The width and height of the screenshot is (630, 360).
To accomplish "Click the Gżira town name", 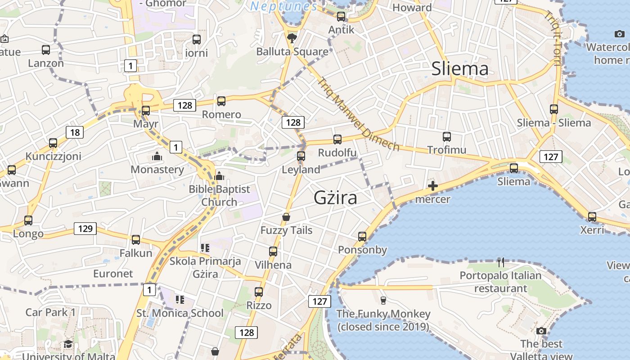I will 335,198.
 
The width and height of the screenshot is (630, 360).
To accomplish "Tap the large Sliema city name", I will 459,69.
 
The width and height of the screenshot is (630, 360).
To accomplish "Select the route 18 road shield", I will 75,132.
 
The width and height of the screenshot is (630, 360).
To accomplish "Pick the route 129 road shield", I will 85,229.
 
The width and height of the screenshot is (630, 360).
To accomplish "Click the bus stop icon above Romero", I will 221,101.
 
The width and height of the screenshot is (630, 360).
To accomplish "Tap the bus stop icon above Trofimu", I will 446,137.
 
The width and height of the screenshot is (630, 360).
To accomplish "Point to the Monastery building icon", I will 157,157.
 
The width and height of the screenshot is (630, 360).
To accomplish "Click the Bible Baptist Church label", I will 219,195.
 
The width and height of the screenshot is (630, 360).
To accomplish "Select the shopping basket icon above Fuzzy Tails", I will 286,217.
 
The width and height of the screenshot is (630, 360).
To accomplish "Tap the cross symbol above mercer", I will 432,186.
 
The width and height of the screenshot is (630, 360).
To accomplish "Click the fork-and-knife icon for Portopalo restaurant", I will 500,262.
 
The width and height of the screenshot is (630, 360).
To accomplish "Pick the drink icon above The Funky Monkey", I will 383,300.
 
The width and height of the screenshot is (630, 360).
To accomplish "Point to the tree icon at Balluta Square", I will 292,38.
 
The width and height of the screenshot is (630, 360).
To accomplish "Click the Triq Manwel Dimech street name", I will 358,114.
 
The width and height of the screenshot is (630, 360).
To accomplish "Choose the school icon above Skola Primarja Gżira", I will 205,248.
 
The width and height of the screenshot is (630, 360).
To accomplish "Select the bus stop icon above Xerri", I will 592,217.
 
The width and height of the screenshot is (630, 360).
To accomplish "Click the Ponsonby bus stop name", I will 362,250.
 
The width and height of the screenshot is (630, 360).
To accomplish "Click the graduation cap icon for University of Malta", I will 68,344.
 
